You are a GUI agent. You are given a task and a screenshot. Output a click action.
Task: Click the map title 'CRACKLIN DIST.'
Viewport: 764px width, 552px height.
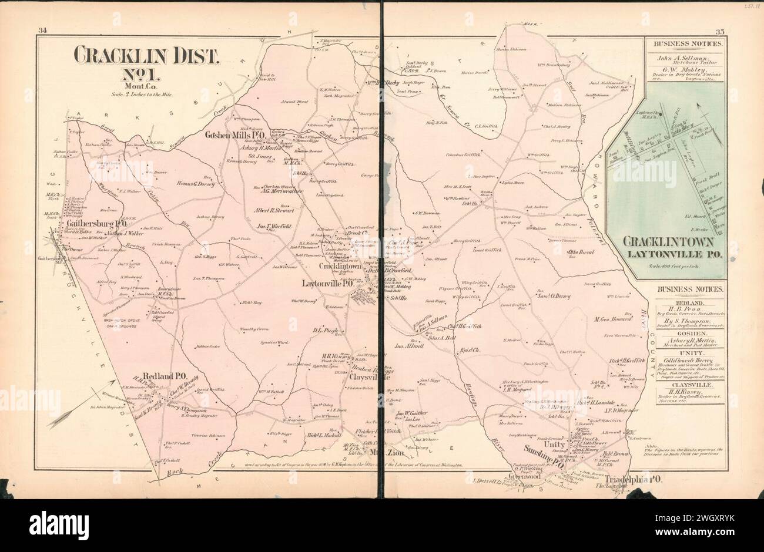tap(146, 56)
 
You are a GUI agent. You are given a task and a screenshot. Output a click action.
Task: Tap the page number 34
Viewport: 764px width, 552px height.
tap(42, 31)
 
